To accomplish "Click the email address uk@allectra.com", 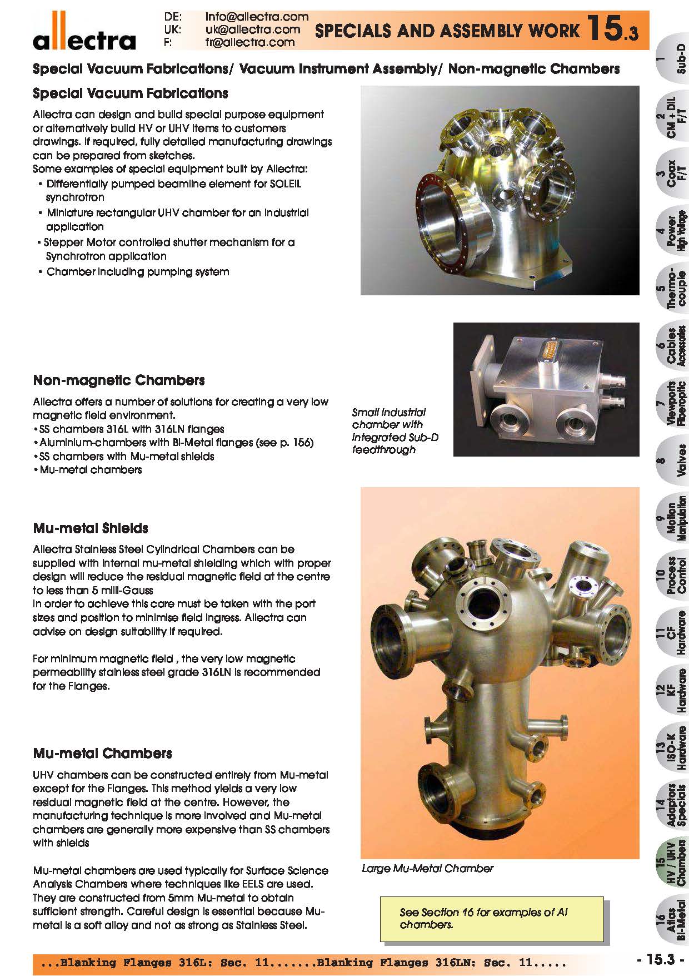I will (252, 29).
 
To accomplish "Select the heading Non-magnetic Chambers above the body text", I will (119, 380).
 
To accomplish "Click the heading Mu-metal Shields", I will (91, 528).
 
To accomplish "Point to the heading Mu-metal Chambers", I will (102, 754).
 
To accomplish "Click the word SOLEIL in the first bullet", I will (285, 184).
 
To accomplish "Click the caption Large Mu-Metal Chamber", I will (427, 868).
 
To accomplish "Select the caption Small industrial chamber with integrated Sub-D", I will (395, 430).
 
